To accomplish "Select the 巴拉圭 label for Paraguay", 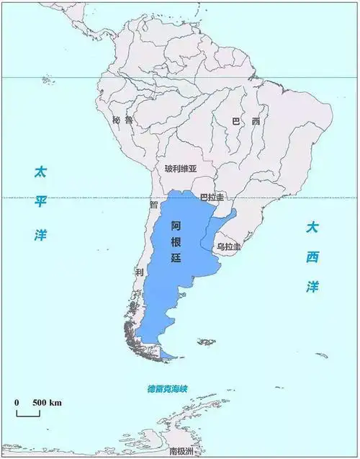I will (x=212, y=197).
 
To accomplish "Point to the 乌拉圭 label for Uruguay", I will (x=229, y=247).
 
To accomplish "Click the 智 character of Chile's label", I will (x=153, y=205).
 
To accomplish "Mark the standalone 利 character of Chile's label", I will (x=139, y=272).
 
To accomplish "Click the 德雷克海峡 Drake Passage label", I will (x=166, y=390).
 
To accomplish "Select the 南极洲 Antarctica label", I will (x=181, y=451).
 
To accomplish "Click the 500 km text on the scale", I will (x=45, y=401).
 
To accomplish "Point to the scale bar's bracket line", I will (x=28, y=414).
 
